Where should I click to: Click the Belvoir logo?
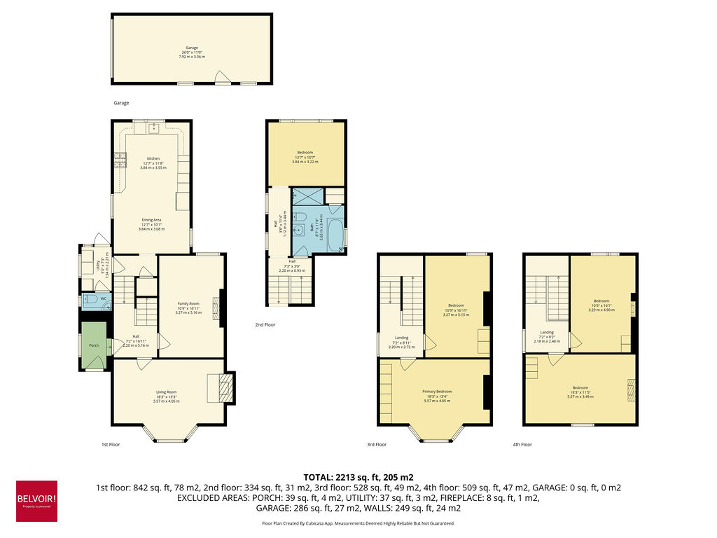coord(36,501)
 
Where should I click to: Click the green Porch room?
coord(93,345)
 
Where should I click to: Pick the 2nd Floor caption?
coord(265,325)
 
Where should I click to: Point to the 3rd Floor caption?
coord(376,444)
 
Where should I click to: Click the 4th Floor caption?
coord(522,444)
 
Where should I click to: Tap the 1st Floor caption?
coord(111,444)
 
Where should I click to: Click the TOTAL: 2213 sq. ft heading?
coord(358,476)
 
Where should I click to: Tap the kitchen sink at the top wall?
coord(153,128)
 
